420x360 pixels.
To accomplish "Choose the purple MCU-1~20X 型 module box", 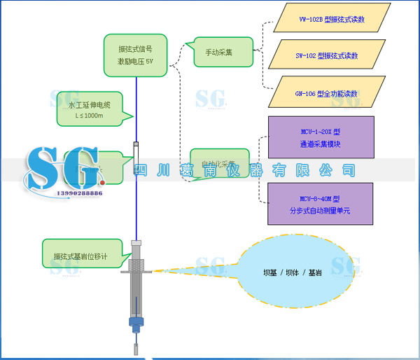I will coord(321,137).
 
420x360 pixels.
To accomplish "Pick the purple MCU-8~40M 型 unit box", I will coord(321,204).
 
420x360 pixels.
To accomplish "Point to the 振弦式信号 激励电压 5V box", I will coord(139,55).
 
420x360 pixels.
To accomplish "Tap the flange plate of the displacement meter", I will coord(136,270).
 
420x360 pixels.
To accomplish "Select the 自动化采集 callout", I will coord(218,163).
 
